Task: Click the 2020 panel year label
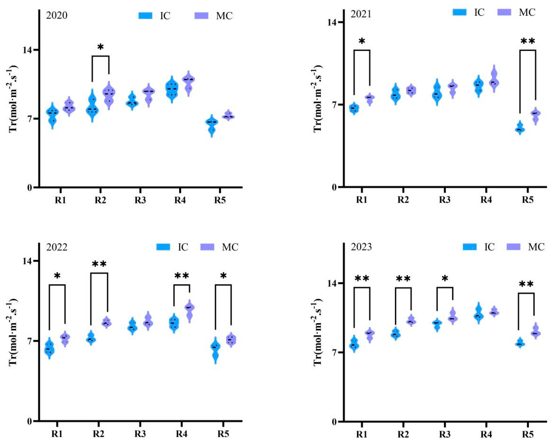point(57,15)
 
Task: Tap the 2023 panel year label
point(361,247)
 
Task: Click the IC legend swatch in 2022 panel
point(163,247)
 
